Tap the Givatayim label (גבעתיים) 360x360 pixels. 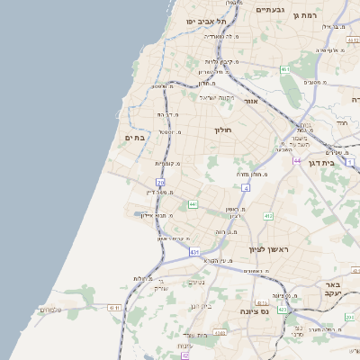click(270, 10)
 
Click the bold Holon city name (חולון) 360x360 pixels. click(223, 130)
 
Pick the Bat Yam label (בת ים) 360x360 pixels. click(134, 137)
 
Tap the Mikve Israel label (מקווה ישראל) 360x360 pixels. click(216, 97)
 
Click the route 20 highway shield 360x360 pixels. click(160, 183)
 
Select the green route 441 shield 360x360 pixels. click(193, 204)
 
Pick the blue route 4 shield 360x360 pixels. click(245, 188)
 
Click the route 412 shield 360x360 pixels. click(268, 216)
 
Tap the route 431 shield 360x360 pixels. click(194, 253)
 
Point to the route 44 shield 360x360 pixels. click(297, 160)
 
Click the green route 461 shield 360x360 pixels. click(284, 68)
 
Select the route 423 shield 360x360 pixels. click(283, 310)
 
